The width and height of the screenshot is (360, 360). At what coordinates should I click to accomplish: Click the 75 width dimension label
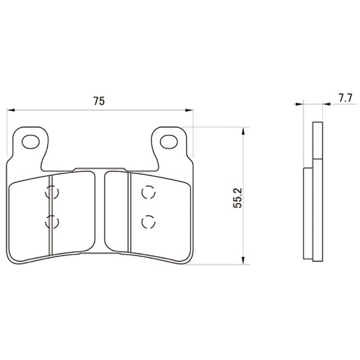pyautogui.click(x=99, y=101)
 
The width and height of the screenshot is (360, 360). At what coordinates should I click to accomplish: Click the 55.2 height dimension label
pyautogui.click(x=238, y=198)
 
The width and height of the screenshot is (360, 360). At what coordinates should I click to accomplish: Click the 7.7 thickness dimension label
pyautogui.click(x=345, y=99)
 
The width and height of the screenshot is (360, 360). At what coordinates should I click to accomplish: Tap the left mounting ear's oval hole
pyautogui.click(x=31, y=142)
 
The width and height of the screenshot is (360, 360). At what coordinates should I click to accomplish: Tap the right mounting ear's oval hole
pyautogui.click(x=169, y=142)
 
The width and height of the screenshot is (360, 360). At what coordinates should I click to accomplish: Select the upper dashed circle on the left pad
pyautogui.click(x=52, y=192)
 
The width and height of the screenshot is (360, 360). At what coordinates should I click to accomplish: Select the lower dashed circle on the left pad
pyautogui.click(x=52, y=222)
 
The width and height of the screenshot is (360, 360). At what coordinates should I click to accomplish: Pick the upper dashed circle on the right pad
pyautogui.click(x=148, y=192)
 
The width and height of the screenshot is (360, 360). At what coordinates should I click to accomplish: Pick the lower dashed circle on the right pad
pyautogui.click(x=148, y=222)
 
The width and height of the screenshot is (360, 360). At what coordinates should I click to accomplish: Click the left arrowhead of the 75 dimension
pyautogui.click(x=11, y=110)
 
